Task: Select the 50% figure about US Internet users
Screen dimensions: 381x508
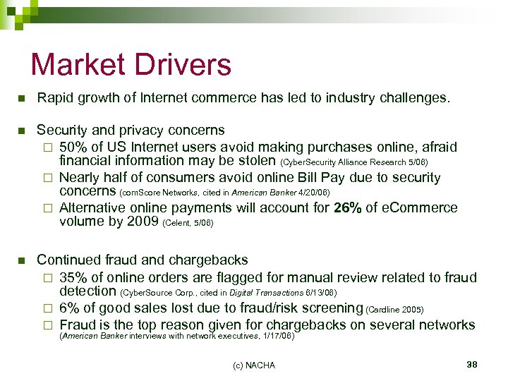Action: (x=73, y=147)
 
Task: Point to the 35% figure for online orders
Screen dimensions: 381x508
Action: (x=73, y=277)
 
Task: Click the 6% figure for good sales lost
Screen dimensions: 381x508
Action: (x=68, y=308)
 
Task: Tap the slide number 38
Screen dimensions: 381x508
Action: (x=472, y=364)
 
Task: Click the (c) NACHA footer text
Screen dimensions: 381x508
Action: (x=254, y=365)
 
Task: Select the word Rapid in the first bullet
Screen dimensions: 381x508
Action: (x=55, y=97)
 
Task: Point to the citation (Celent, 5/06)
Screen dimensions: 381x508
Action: (x=188, y=224)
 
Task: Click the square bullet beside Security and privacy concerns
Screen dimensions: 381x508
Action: (x=22, y=131)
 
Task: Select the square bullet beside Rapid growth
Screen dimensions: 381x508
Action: (x=22, y=98)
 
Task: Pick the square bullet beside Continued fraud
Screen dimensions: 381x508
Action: (x=22, y=260)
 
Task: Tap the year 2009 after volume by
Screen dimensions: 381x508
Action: (x=138, y=222)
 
